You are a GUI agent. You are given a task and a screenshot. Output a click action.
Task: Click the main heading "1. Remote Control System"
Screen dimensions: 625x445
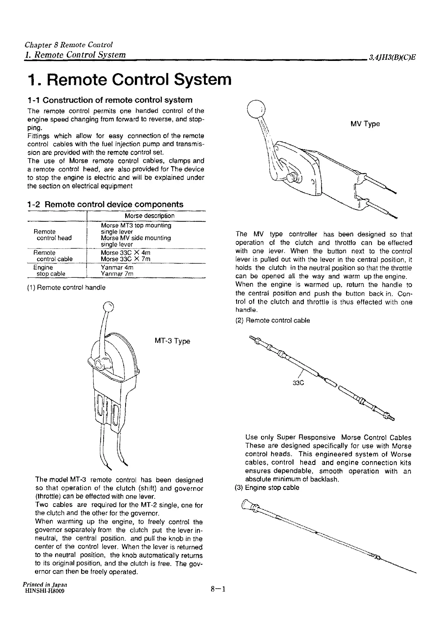pyautogui.click(x=129, y=79)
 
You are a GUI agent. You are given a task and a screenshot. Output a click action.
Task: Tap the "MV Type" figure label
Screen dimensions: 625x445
pyautogui.click(x=365, y=124)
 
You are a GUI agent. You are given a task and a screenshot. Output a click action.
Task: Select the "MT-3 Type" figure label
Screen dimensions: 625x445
pyautogui.click(x=172, y=341)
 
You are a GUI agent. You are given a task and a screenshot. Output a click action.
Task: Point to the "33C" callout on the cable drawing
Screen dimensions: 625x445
pyautogui.click(x=298, y=383)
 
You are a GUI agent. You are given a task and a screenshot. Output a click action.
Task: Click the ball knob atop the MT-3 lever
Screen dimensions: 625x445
pyautogui.click(x=108, y=306)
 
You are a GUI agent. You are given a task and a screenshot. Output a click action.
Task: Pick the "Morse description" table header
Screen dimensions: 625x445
pyautogui.click(x=149, y=216)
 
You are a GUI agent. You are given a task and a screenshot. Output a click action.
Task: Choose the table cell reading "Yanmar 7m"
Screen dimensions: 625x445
pyautogui.click(x=117, y=274)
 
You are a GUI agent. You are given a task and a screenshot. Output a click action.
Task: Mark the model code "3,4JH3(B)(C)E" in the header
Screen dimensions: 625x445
pyautogui.click(x=392, y=57)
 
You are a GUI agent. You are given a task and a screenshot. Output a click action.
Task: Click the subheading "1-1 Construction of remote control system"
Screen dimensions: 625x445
pyautogui.click(x=110, y=100)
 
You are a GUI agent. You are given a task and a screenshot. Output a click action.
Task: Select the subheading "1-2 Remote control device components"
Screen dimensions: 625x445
pyautogui.click(x=105, y=204)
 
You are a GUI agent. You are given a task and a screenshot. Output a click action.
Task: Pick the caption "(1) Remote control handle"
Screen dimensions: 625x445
pyautogui.click(x=66, y=287)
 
